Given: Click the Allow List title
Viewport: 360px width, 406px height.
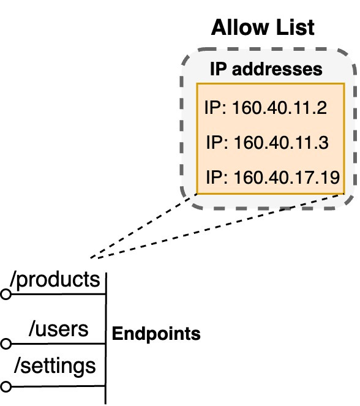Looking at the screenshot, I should pyautogui.click(x=263, y=28).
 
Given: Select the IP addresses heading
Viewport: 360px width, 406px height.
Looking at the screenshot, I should pyautogui.click(x=266, y=69).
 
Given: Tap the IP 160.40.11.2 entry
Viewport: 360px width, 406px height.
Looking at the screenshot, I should pyautogui.click(x=265, y=108).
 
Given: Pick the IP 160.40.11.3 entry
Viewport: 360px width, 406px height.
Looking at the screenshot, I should pyautogui.click(x=268, y=143).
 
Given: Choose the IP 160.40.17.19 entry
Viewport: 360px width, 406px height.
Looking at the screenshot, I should pyautogui.click(x=272, y=178).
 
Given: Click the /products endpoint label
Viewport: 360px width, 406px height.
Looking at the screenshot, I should pyautogui.click(x=54, y=279).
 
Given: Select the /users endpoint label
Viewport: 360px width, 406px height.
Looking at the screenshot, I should pyautogui.click(x=59, y=329).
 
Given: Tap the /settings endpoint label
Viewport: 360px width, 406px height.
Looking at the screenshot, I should pyautogui.click(x=54, y=366).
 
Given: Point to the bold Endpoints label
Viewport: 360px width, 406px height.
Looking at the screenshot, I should pyautogui.click(x=156, y=334).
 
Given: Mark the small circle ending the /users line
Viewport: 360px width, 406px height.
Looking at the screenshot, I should pyautogui.click(x=6, y=344).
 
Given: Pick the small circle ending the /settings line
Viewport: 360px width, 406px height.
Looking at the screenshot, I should pyautogui.click(x=6, y=387).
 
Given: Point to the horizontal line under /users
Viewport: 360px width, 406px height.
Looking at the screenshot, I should pyautogui.click(x=58, y=344).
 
